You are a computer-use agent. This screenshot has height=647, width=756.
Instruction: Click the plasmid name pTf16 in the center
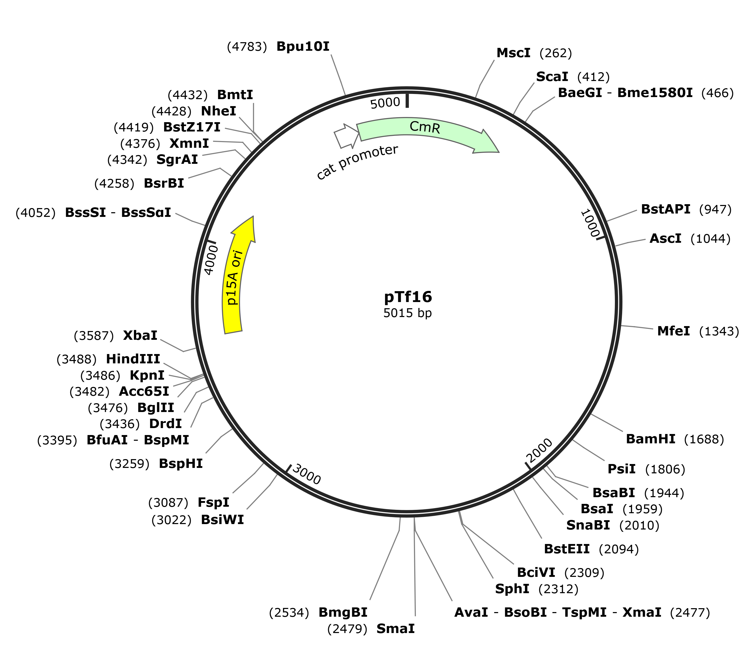pos(408,297)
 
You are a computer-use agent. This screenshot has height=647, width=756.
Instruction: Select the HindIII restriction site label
pos(133,359)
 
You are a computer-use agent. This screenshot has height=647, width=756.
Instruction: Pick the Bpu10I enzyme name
pos(303,47)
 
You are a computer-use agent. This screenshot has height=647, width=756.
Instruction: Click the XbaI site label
pos(140,336)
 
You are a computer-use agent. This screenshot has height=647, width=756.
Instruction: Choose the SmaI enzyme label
pos(396,629)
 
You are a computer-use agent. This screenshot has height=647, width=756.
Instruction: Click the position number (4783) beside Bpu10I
pos(247,47)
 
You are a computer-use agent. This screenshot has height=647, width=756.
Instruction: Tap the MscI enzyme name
pos(513,53)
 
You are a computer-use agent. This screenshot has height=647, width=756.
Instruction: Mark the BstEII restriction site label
pos(567,549)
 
